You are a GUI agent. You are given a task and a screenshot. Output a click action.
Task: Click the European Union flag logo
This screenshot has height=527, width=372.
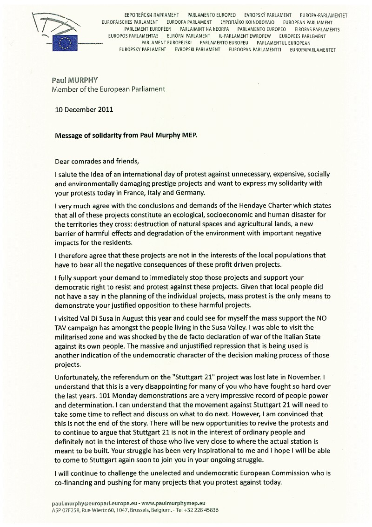[65, 43]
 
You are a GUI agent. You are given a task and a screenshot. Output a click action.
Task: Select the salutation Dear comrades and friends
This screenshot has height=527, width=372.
[97, 162]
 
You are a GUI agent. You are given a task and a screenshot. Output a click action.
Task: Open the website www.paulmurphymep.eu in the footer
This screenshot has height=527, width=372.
[173, 503]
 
